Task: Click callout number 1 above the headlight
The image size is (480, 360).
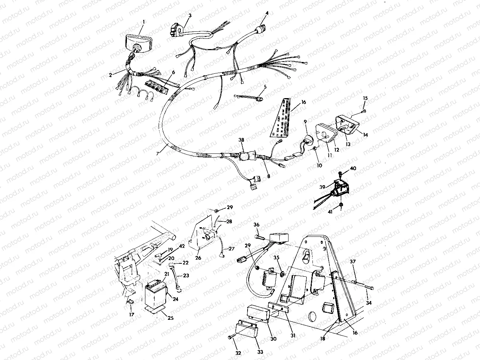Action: pos(144,22)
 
